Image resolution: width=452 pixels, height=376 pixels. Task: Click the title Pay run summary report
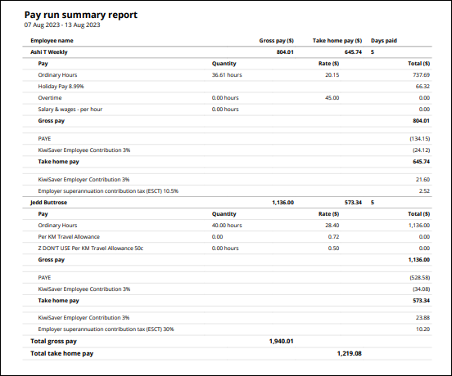(80, 15)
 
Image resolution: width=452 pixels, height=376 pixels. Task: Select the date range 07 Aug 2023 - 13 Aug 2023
(62, 25)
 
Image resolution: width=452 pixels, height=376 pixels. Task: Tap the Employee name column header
(52, 40)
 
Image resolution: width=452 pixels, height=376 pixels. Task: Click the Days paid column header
(384, 40)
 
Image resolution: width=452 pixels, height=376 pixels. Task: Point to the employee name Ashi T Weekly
(49, 51)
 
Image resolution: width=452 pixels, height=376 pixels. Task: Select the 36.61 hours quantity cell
(227, 74)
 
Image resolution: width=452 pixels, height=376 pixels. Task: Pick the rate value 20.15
(332, 74)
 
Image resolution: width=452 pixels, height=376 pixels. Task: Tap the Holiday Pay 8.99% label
(61, 86)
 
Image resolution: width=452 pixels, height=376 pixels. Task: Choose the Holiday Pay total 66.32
(423, 86)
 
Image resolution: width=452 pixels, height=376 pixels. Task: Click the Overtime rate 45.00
(332, 97)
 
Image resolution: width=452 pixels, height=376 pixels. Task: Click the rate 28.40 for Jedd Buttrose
(332, 225)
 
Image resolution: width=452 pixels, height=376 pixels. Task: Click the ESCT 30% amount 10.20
(423, 329)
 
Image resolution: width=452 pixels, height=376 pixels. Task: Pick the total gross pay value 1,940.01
(281, 341)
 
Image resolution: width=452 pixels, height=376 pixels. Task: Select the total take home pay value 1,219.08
(348, 354)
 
